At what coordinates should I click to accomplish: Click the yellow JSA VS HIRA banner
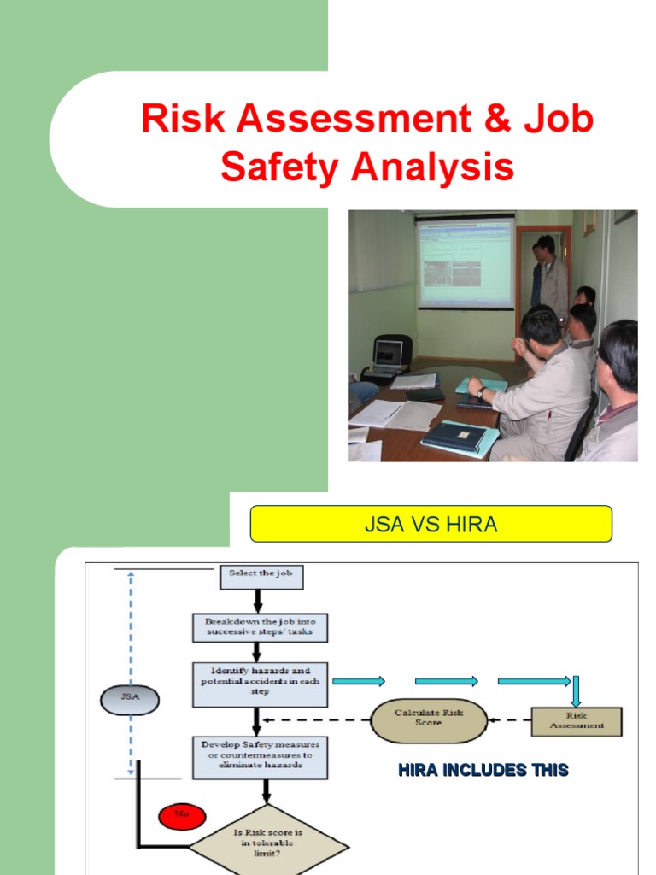click(430, 524)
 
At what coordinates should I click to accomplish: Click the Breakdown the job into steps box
click(260, 626)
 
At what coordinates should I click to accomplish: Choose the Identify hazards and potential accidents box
click(260, 684)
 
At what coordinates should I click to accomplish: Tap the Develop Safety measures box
click(260, 756)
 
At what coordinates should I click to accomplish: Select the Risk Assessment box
click(577, 720)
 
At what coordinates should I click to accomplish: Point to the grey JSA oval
click(130, 700)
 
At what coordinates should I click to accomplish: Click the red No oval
click(181, 815)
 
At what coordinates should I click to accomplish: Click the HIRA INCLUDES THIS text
click(483, 770)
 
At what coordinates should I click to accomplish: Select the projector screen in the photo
click(465, 261)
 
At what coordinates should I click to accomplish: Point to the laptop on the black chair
click(389, 352)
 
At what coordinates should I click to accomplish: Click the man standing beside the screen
click(550, 278)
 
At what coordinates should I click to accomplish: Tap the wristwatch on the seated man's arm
click(482, 393)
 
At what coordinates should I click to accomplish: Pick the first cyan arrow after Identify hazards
click(359, 681)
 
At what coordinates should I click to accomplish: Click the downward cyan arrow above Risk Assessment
click(577, 690)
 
